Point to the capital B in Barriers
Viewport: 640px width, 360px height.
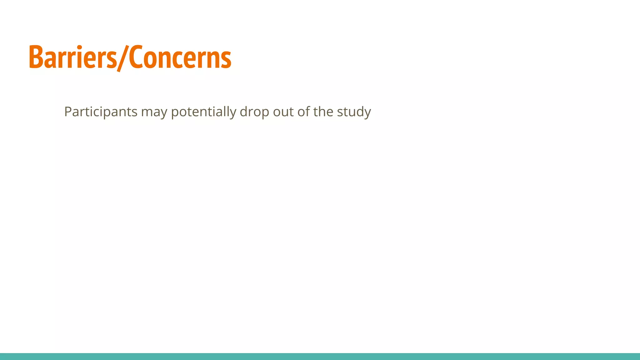coord(36,57)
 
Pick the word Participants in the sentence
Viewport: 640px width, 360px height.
coord(101,112)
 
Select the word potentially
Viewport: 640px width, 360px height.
coord(203,112)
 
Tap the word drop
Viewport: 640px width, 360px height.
coord(254,112)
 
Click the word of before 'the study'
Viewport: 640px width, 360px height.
coord(303,112)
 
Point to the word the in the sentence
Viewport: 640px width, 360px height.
coord(323,112)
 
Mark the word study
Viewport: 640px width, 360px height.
coord(354,112)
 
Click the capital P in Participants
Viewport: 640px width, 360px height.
coord(67,112)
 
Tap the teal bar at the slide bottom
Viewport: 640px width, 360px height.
coord(320,356)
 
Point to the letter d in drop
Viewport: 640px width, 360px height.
coord(244,112)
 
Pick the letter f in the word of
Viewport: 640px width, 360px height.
coord(307,111)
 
